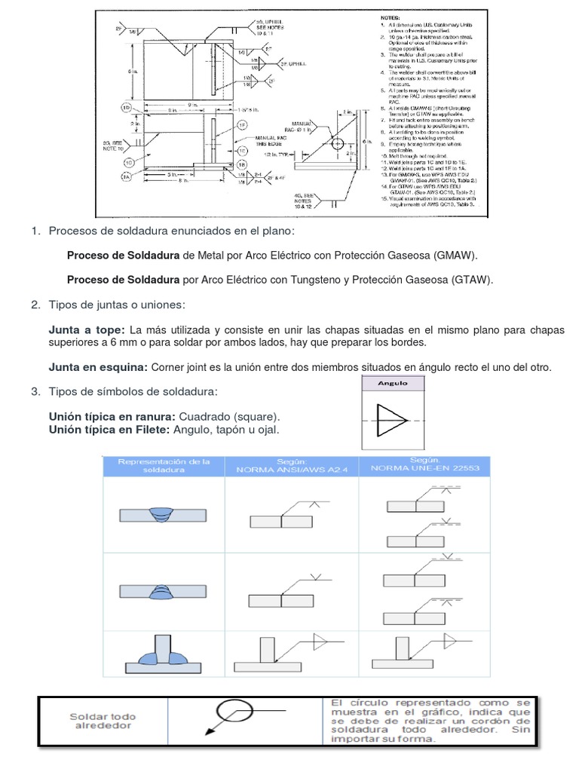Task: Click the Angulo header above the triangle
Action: coord(393,383)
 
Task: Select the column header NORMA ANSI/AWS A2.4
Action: coord(290,468)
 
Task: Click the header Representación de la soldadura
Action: coord(164,465)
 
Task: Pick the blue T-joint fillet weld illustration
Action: coord(164,650)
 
